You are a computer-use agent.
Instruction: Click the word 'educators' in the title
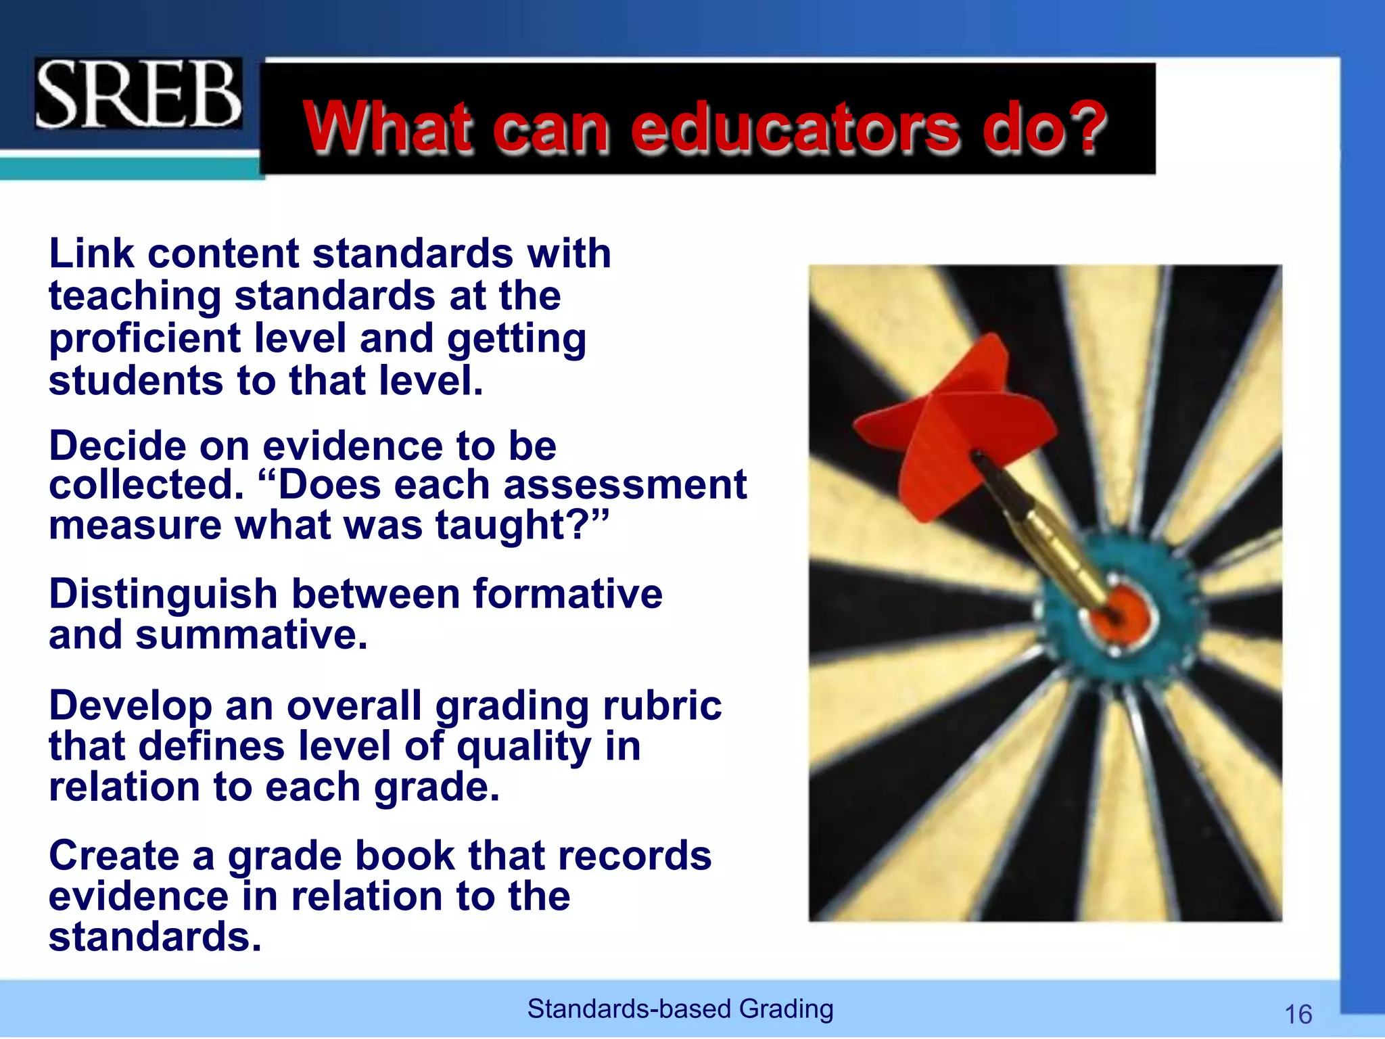pos(795,126)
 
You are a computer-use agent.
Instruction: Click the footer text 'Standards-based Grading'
pos(680,1009)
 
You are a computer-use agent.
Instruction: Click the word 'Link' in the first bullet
pos(91,254)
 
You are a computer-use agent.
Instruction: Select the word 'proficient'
pos(145,338)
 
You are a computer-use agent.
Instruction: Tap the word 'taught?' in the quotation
pos(521,526)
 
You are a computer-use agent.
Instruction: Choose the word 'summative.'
pos(252,636)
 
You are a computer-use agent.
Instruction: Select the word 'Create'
pos(114,856)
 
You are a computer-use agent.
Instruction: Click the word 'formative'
pos(567,594)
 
